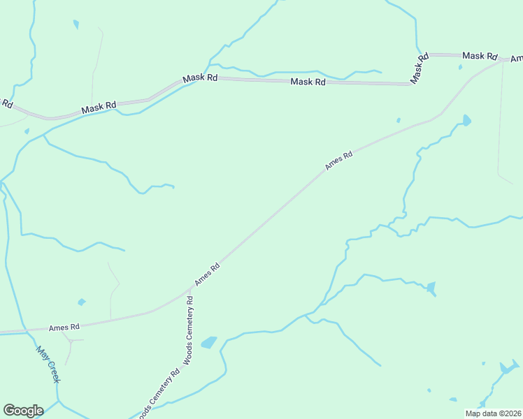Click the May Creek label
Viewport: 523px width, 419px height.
(48, 364)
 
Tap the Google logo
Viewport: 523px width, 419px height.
(23, 411)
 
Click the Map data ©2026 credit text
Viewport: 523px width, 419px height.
(493, 413)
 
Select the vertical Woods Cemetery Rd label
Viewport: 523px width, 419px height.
(189, 328)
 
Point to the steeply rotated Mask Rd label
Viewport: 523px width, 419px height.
(419, 69)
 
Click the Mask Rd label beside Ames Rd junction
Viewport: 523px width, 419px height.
(479, 56)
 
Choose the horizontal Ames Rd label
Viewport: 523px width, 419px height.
(64, 326)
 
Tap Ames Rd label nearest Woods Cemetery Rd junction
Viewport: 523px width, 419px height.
(208, 273)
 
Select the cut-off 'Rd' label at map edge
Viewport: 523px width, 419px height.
(7, 103)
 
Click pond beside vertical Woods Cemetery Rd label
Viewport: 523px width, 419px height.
(208, 342)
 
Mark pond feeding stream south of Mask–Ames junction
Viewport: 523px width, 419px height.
(466, 120)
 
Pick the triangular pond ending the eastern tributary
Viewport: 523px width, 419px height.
(431, 287)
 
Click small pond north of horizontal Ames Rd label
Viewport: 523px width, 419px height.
(82, 302)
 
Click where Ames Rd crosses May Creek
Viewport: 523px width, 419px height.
(25, 330)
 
